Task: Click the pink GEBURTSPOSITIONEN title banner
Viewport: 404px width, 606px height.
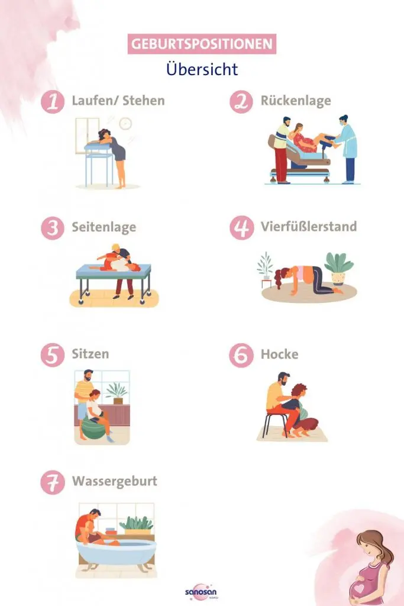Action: (202, 44)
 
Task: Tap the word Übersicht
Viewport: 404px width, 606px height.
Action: (202, 69)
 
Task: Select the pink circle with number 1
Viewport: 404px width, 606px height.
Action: (53, 101)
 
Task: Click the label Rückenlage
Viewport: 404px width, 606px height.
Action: (295, 101)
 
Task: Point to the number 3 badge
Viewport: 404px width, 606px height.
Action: (53, 228)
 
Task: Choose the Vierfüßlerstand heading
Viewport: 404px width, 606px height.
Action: (308, 227)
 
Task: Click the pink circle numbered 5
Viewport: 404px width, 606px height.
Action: (53, 355)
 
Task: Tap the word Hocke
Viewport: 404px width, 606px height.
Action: (279, 354)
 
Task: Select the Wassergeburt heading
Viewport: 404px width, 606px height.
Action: (115, 481)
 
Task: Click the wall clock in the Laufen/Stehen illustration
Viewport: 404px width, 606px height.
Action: (125, 123)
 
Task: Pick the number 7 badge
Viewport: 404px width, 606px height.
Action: (53, 482)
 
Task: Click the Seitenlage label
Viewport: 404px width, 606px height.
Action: (104, 227)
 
